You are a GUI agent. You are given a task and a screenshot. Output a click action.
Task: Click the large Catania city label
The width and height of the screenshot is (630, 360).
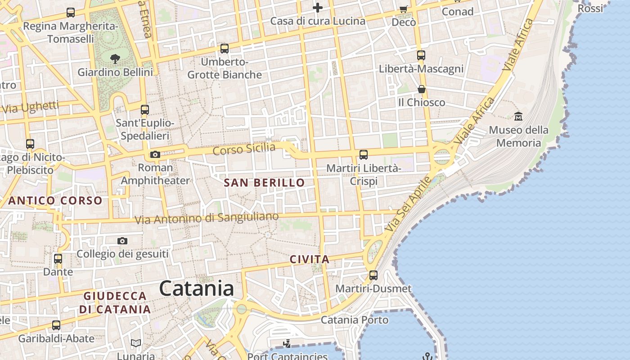click(x=197, y=288)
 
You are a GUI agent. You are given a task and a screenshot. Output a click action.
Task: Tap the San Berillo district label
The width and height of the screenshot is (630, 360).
click(x=264, y=183)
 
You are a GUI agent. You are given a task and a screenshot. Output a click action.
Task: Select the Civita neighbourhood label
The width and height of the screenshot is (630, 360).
click(x=310, y=259)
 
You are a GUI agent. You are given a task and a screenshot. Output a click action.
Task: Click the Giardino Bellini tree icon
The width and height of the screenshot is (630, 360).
click(x=115, y=58)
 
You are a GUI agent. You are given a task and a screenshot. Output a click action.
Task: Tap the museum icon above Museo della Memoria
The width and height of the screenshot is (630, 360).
click(x=518, y=116)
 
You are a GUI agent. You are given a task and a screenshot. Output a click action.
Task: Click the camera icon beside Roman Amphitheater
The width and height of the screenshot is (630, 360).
click(x=155, y=155)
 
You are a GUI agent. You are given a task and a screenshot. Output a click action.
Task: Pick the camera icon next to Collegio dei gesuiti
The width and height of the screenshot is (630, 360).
click(x=122, y=241)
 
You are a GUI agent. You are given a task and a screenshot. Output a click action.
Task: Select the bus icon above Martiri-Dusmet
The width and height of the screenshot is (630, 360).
click(x=373, y=275)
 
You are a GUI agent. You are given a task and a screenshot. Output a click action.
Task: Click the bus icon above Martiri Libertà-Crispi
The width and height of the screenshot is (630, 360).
click(x=364, y=155)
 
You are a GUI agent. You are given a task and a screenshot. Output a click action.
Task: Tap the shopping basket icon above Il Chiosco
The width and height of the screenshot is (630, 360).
click(x=422, y=89)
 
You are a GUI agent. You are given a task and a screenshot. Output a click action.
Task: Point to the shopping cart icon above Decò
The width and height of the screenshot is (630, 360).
click(x=404, y=9)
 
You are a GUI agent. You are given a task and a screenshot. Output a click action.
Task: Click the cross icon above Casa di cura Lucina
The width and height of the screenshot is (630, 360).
click(x=318, y=8)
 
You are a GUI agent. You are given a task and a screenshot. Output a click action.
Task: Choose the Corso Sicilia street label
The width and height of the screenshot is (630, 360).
click(x=244, y=148)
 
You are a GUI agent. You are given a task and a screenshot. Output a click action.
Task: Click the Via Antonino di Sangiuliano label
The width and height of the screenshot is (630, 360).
click(x=207, y=219)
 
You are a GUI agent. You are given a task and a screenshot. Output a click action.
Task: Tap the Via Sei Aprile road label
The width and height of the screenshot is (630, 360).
click(x=409, y=205)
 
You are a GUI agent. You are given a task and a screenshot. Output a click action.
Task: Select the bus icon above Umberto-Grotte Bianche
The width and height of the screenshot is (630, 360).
click(x=225, y=49)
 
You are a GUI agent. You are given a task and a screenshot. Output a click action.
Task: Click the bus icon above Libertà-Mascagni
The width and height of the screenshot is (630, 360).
click(x=421, y=55)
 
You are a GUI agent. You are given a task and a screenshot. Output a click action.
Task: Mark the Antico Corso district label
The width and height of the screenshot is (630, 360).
click(x=55, y=201)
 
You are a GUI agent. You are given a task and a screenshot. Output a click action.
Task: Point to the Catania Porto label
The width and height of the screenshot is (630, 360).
click(x=355, y=320)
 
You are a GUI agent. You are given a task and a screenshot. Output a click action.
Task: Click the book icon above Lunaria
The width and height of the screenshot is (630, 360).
click(x=136, y=343)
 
